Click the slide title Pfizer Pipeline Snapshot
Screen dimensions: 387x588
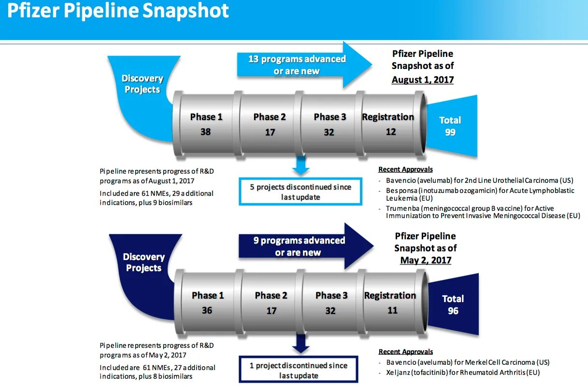(x=118, y=12)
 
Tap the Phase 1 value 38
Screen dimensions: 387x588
(x=205, y=131)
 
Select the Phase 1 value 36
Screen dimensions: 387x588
(x=207, y=310)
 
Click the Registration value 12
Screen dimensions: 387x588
(x=390, y=131)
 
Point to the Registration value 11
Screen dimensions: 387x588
(x=392, y=310)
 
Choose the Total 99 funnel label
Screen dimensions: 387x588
(x=450, y=126)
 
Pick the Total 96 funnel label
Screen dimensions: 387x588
(x=453, y=304)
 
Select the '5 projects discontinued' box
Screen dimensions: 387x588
(x=301, y=192)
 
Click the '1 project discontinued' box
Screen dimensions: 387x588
(x=299, y=370)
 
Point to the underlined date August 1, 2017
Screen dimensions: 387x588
(x=423, y=80)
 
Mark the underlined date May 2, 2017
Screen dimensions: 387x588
(x=426, y=260)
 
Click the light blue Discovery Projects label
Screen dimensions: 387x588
(x=142, y=83)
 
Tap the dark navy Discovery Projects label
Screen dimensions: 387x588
(x=143, y=262)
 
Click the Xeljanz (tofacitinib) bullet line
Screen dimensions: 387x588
(x=462, y=373)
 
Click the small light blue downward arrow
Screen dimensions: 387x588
(x=301, y=166)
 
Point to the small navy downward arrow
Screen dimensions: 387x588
(x=301, y=344)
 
